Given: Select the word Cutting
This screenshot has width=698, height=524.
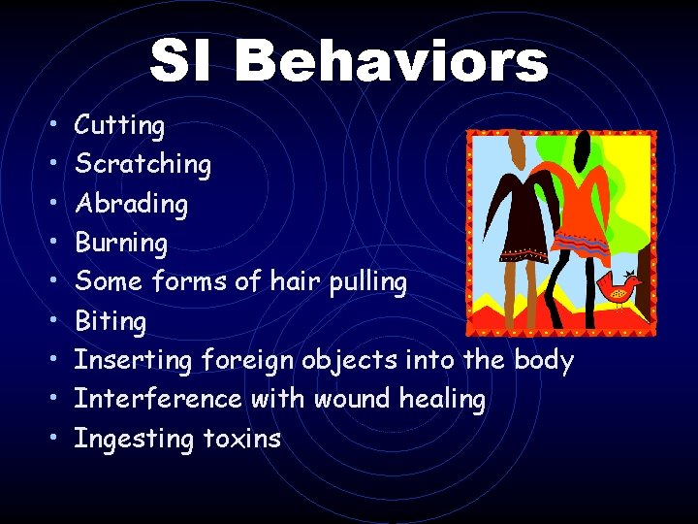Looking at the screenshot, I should point(119,125).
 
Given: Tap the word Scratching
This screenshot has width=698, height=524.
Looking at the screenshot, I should point(143,165).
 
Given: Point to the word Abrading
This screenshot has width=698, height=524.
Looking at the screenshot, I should point(131,204).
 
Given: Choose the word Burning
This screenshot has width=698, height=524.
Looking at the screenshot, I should point(121,243).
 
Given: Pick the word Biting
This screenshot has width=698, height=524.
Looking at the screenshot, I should point(111,321).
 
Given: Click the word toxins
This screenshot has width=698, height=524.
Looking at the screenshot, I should point(241,439).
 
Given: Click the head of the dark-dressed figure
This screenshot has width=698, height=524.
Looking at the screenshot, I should point(518,151).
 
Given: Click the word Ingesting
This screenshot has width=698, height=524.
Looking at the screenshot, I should point(135,440).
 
